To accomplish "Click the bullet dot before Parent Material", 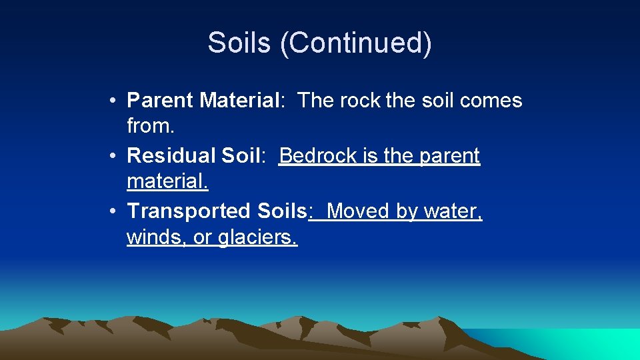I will point(115,101).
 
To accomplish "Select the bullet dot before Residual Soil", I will point(115,156).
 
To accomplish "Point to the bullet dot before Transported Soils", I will point(115,211).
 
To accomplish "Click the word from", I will point(147,125).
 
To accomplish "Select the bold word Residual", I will point(171,156).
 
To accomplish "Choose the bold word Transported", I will point(189,211).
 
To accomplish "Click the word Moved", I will point(359,211).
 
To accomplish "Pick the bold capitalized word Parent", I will point(161,101).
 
